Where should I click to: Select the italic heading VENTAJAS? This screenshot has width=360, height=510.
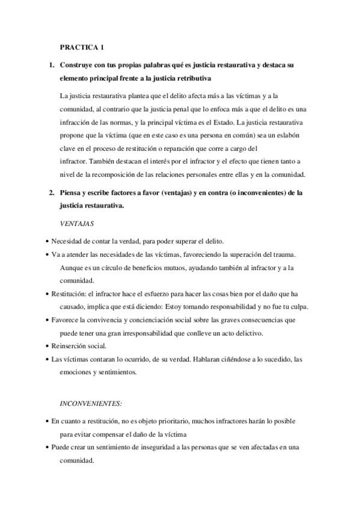pos(77,224)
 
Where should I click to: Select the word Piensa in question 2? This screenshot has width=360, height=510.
pos(72,193)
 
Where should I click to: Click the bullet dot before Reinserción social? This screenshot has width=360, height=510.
pos(47,346)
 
